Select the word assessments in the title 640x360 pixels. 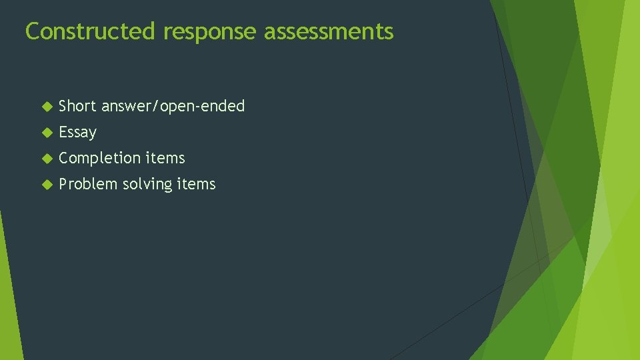tap(329, 31)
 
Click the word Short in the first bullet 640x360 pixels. tap(77, 106)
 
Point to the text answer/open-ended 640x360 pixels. tap(173, 106)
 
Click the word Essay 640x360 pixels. tap(77, 132)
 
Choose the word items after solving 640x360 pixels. tap(196, 184)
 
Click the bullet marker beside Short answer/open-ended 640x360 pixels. tap(46, 106)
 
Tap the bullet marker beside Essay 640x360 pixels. tap(46, 132)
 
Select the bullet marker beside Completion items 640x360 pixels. tap(46, 158)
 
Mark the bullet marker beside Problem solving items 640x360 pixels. tap(46, 184)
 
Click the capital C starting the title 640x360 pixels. tap(31, 31)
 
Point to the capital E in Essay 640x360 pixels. tap(63, 132)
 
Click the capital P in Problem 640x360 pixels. tap(63, 184)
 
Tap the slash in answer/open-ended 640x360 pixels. tap(157, 106)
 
